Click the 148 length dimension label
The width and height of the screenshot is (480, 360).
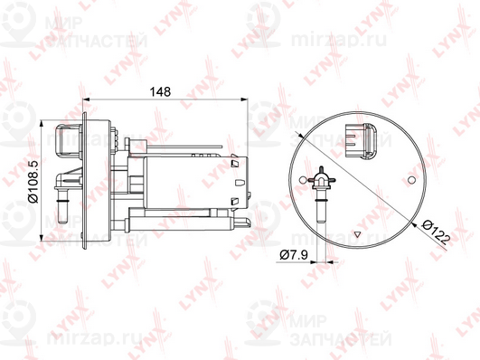pyautogui.click(x=160, y=91)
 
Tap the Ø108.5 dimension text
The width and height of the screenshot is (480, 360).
pyautogui.click(x=33, y=182)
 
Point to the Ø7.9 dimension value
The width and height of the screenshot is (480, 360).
pyautogui.click(x=294, y=254)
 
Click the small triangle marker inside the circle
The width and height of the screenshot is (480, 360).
pyautogui.click(x=357, y=234)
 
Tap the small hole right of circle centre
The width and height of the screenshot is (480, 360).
pyautogui.click(x=411, y=180)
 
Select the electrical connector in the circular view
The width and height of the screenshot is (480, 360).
pyautogui.click(x=362, y=141)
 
